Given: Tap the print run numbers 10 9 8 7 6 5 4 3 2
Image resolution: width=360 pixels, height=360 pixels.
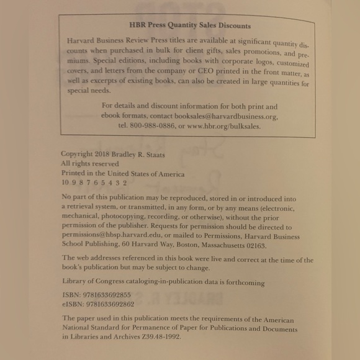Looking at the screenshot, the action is point(94,183).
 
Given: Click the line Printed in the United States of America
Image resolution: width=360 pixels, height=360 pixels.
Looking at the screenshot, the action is point(123,174).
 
